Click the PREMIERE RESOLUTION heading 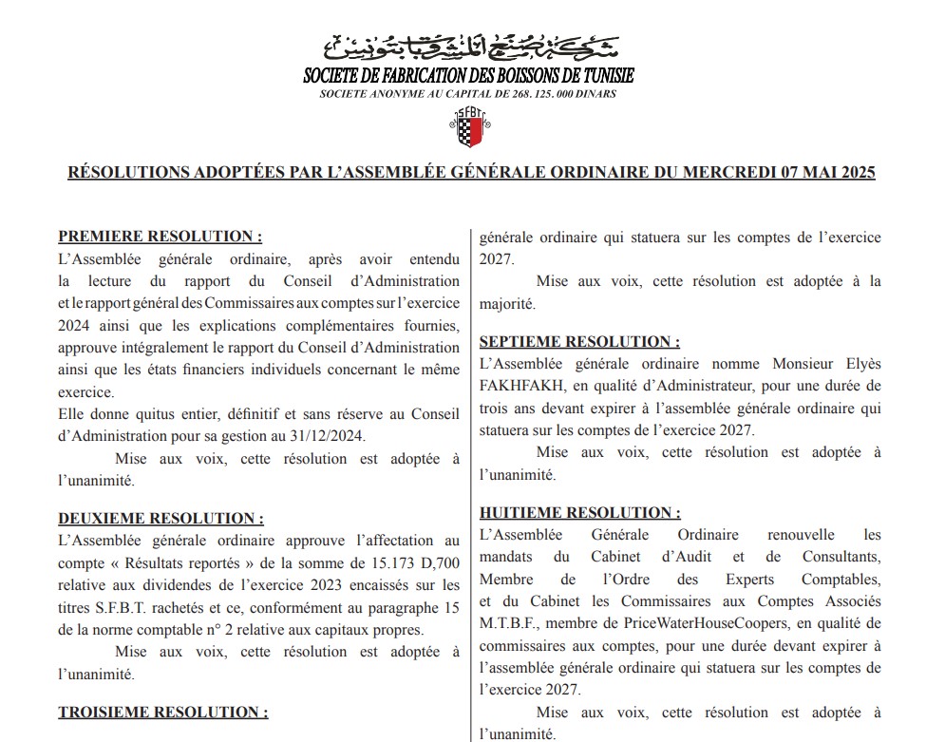point(161,237)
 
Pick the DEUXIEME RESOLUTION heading point(161,519)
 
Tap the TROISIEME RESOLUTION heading point(163,712)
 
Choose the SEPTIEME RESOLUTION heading point(579,341)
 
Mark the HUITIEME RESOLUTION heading point(579,513)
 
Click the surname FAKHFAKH point(519,388)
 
